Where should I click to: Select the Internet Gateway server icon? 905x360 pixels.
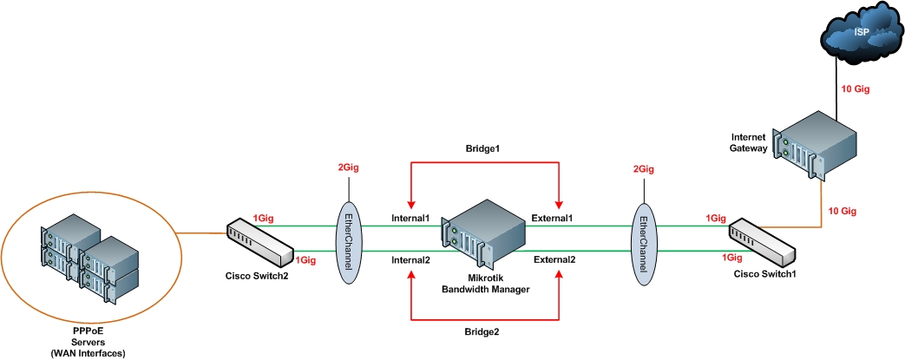[x=818, y=147]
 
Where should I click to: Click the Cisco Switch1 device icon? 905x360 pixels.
[x=762, y=244]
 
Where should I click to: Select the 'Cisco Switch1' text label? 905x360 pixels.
[x=764, y=274]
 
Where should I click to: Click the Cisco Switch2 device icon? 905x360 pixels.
[x=259, y=242]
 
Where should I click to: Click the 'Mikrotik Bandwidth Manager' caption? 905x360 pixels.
[x=486, y=282]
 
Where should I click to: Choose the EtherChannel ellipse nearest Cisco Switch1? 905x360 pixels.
[x=642, y=240]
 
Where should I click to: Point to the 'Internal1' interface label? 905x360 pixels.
[x=410, y=218]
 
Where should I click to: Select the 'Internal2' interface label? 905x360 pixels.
[x=410, y=259]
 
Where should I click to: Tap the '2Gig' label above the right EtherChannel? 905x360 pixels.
[x=643, y=170]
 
